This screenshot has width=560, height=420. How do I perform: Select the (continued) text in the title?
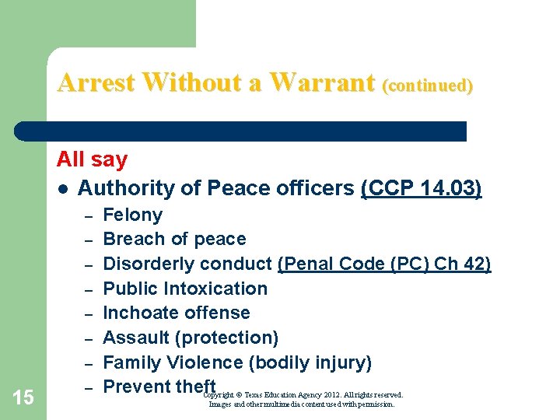click(427, 85)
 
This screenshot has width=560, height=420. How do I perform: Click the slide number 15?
click(23, 398)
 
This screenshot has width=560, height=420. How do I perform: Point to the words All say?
click(92, 160)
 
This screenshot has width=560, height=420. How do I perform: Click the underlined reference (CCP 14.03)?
click(422, 188)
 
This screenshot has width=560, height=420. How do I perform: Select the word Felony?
click(133, 215)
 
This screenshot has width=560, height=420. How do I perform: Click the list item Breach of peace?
click(174, 239)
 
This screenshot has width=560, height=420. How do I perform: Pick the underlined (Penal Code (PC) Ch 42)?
click(384, 264)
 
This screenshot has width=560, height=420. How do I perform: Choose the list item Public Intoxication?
click(185, 289)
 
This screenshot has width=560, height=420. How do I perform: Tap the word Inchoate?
click(138, 313)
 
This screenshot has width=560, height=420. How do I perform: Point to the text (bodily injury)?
click(310, 362)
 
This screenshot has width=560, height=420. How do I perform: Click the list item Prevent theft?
click(159, 387)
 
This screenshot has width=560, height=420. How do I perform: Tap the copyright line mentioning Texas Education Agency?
click(303, 396)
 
